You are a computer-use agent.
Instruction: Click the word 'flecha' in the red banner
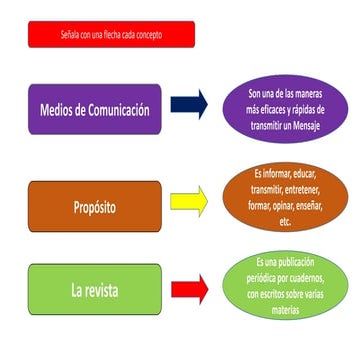(96, 35)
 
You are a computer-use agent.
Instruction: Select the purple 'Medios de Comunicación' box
(95, 109)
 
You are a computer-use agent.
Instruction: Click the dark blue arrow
(188, 105)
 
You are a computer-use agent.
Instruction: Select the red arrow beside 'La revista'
(188, 289)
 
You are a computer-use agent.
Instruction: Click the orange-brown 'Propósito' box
(95, 210)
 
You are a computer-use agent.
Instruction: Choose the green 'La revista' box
(95, 294)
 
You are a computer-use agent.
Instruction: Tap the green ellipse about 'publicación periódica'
(286, 286)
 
